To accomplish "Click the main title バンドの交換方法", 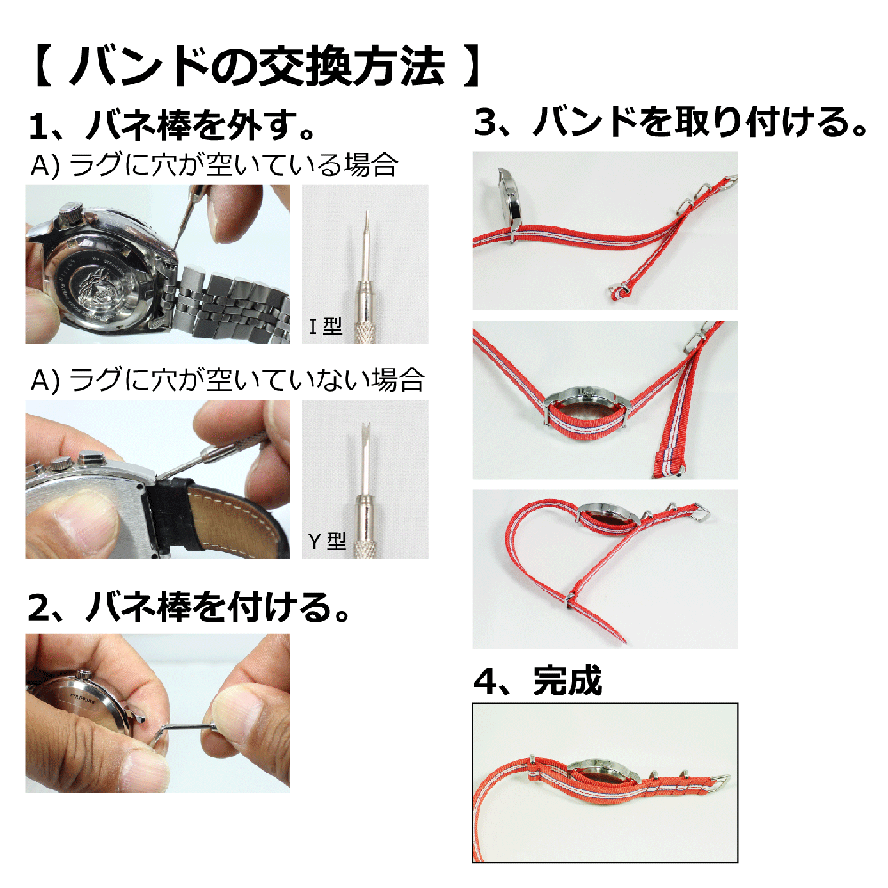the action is (258, 67).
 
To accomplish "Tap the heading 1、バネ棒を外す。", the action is (172, 126).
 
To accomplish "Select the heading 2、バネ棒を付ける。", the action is (189, 607).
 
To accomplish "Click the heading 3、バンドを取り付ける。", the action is (671, 122).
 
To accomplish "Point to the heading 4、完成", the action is (538, 681).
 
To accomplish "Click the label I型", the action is (326, 326).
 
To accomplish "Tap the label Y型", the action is (327, 541).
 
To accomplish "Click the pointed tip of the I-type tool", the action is (367, 212).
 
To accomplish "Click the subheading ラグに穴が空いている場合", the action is (232, 164).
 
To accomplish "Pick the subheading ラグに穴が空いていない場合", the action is (246, 379).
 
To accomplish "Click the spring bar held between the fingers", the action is (182, 731).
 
